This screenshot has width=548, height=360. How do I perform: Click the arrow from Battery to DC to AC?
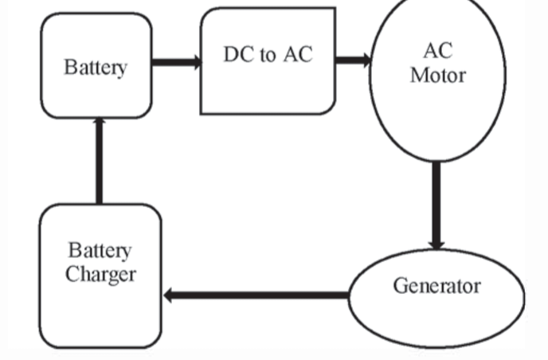(x=175, y=61)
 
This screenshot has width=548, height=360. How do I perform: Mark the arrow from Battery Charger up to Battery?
(x=99, y=160)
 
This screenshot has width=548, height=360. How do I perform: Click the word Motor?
(x=437, y=76)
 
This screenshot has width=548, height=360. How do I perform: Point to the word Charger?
(x=101, y=275)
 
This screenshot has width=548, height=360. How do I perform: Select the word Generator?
(x=436, y=286)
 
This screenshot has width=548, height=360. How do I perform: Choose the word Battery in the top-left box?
(x=96, y=67)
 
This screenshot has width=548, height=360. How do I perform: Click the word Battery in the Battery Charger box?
(x=100, y=252)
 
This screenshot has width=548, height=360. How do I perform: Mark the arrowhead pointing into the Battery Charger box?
(x=170, y=295)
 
